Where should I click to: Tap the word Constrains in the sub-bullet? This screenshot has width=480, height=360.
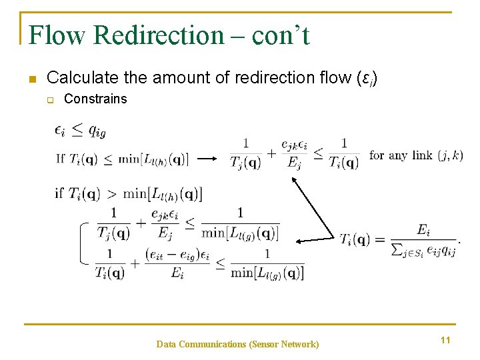point(95,99)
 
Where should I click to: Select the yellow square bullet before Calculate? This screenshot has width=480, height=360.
point(31,79)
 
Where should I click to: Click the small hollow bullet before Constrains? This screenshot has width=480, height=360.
point(49,99)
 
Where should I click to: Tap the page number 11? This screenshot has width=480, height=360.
point(445,340)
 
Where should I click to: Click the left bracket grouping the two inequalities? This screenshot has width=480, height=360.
point(83,242)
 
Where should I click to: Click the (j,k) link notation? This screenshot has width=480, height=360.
point(450,155)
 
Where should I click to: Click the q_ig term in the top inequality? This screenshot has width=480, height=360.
point(97,131)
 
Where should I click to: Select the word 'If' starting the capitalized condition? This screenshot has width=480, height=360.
point(60,158)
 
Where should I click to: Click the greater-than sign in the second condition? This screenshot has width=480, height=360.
point(111,194)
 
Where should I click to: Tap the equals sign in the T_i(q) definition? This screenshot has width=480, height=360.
point(381,239)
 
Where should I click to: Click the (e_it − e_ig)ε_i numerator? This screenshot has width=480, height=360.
point(177,256)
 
